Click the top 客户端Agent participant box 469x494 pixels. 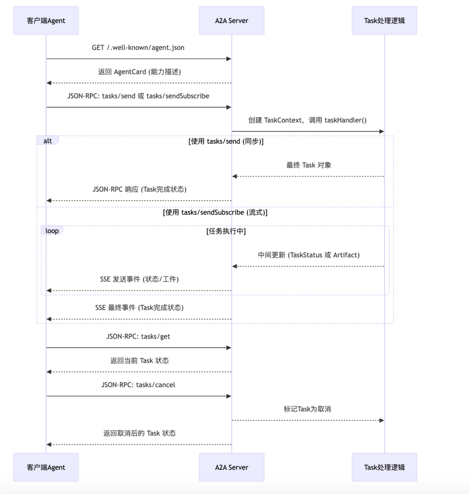(46, 20)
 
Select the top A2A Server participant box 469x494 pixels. (231, 20)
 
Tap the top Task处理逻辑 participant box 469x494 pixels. (384, 20)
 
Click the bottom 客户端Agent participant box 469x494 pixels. (46, 467)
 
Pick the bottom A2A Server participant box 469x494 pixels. (231, 467)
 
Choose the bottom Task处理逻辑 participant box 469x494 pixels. (384, 467)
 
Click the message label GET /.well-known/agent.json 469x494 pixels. (138, 48)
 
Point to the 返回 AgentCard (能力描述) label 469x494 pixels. (139, 72)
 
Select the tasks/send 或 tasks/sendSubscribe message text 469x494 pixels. (138, 96)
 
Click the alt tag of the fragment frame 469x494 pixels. (48, 141)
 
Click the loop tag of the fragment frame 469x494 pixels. (52, 231)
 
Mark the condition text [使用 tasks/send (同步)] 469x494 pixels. (226, 142)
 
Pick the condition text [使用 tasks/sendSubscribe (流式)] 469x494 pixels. (215, 213)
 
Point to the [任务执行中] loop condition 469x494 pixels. (226, 231)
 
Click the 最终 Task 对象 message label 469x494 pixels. (308, 165)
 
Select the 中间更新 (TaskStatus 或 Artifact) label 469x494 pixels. (308, 255)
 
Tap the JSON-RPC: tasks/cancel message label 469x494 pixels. (138, 385)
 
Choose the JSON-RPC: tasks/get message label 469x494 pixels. (138, 336)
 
